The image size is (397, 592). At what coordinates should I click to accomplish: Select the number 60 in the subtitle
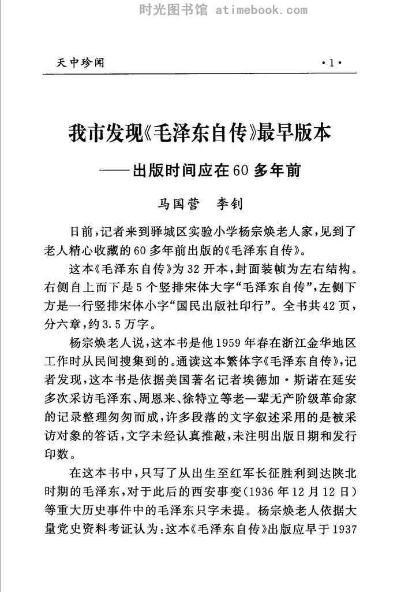(x=241, y=171)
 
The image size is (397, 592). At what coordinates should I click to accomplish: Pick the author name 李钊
(x=229, y=204)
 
